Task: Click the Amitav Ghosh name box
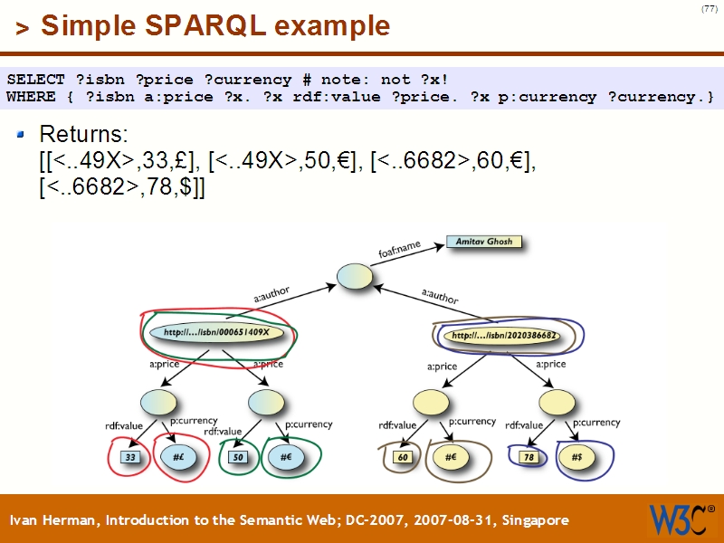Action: [485, 243]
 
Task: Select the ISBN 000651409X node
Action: [217, 332]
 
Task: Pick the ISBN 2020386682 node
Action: [503, 335]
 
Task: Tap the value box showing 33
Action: [131, 457]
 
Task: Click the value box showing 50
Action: [239, 457]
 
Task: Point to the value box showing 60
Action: [404, 457]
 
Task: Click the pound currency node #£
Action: [180, 457]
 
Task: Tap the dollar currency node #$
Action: [576, 457]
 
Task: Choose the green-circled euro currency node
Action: [287, 457]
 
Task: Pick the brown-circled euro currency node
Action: [452, 457]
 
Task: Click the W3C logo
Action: [680, 519]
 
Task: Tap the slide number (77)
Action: [709, 10]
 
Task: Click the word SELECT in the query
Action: [34, 80]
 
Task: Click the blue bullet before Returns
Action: [23, 135]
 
